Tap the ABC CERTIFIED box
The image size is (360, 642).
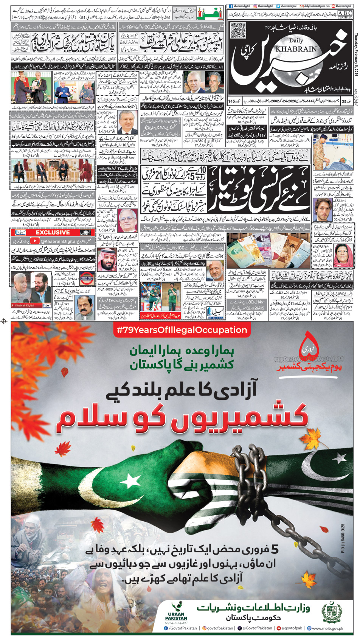pos(344,15)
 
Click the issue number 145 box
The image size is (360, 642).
pos(232,101)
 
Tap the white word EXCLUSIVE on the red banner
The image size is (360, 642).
pos(53,232)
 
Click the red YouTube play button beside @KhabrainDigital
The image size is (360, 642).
pos(34,241)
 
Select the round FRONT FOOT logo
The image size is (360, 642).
pos(87,278)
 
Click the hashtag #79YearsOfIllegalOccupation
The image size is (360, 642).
pos(182,330)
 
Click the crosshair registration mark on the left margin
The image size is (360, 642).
pos(4,321)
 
